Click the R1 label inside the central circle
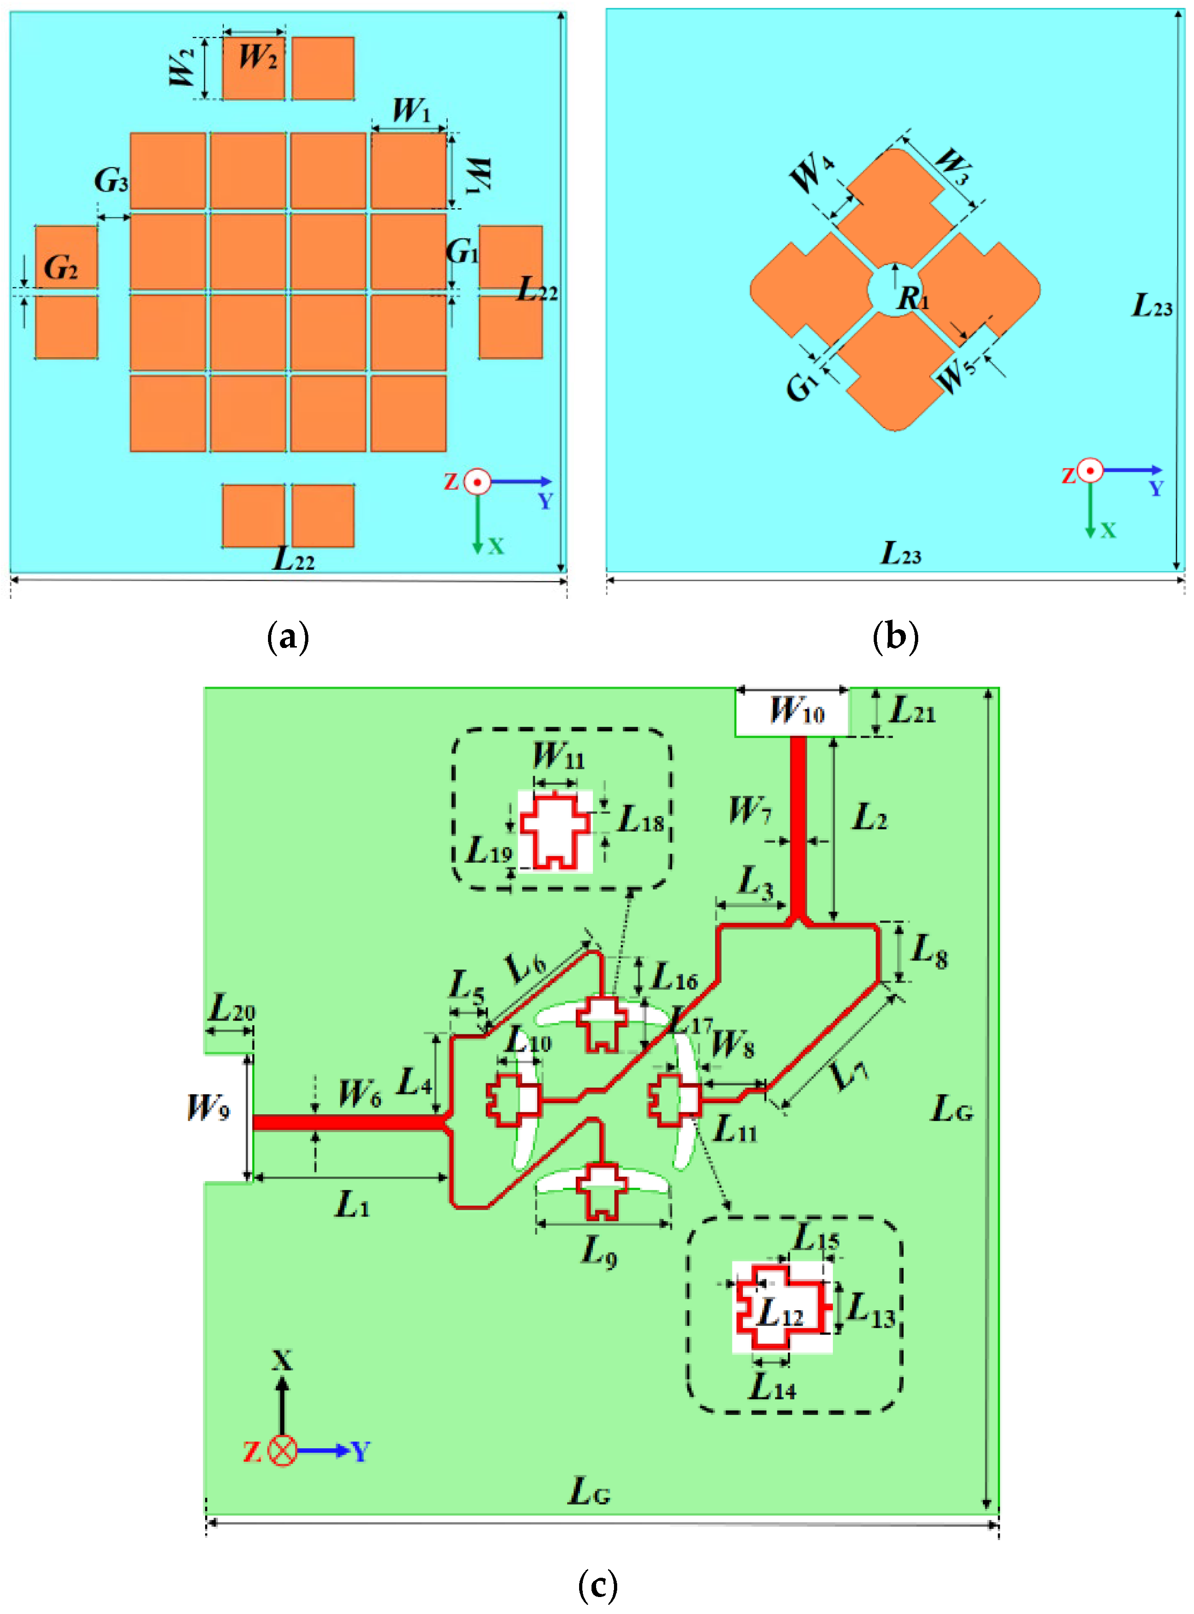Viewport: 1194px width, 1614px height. [913, 297]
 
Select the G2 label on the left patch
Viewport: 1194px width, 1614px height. [61, 268]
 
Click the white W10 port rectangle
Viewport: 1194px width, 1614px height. [792, 712]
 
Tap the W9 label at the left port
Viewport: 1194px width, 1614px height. [209, 1106]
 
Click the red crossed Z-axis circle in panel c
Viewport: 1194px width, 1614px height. [283, 1451]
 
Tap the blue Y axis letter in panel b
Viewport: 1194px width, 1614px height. [1156, 489]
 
